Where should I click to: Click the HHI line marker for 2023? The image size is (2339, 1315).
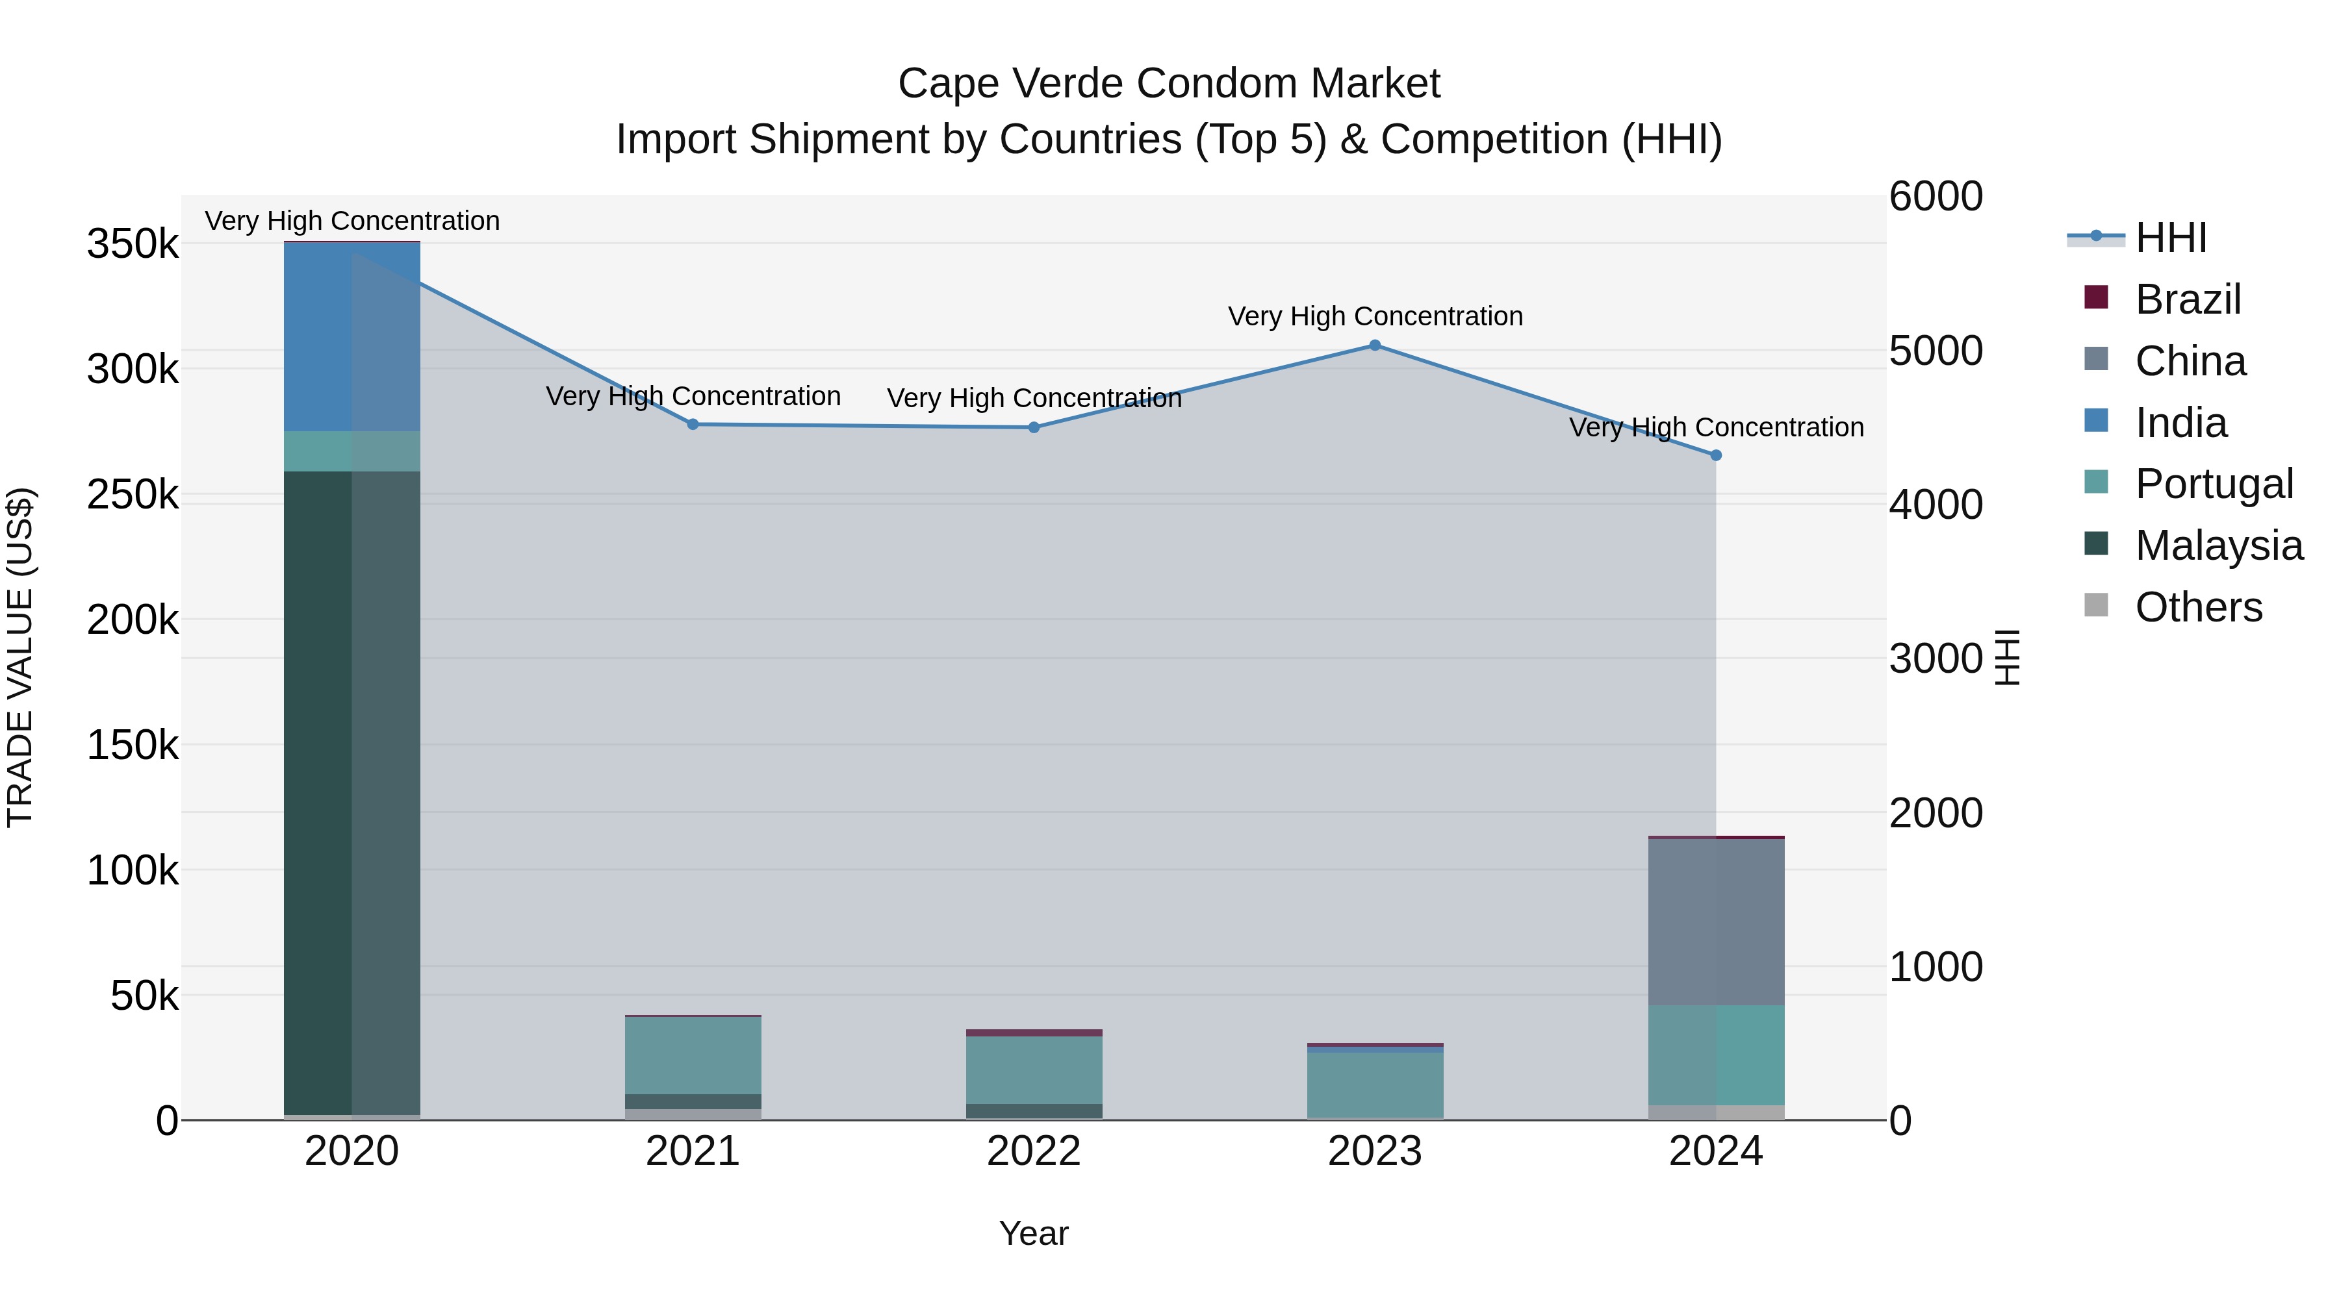click(1375, 345)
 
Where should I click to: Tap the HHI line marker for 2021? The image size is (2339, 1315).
click(693, 424)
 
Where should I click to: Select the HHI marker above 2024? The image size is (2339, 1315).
click(1716, 455)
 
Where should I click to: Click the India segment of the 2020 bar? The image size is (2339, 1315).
click(352, 336)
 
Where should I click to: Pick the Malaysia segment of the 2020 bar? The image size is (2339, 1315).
click(352, 790)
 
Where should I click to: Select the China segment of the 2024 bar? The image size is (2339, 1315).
click(1716, 921)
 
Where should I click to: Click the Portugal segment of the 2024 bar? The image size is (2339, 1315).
click(1716, 1055)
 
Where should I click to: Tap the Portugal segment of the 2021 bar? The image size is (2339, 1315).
click(693, 1055)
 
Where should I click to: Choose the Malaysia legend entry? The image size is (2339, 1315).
click(2218, 545)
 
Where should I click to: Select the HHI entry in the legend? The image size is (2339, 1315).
click(2170, 237)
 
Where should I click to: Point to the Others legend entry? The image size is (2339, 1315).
click(2197, 607)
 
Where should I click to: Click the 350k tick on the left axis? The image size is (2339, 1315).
click(133, 244)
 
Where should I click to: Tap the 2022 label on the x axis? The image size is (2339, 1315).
click(1033, 1151)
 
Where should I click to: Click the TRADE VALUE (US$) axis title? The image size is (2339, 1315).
click(20, 657)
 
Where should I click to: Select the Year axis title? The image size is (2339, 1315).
click(1033, 1233)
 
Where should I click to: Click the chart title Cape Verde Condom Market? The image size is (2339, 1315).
click(1169, 84)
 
